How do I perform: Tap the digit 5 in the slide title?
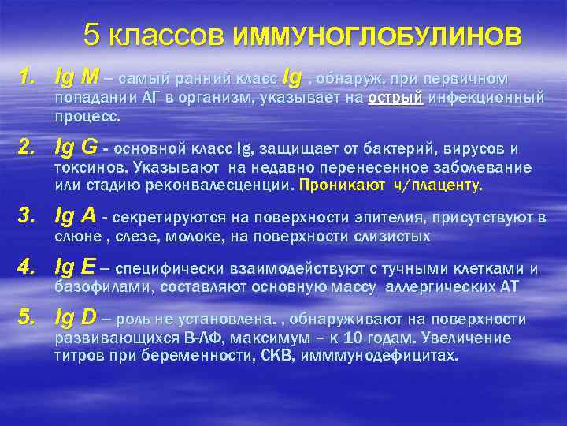tap(92, 35)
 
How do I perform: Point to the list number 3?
tap(28, 215)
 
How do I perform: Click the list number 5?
tap(28, 318)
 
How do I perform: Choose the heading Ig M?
tap(77, 78)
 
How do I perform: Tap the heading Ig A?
tap(76, 215)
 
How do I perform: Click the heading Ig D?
tap(76, 318)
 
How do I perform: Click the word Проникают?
tap(335, 185)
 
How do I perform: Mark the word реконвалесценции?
tap(227, 186)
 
